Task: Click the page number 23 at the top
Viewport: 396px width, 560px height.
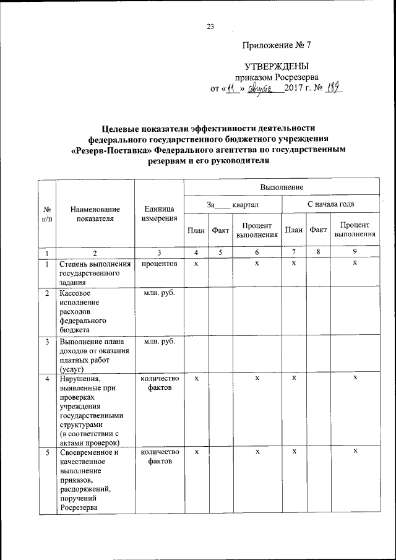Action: (210, 26)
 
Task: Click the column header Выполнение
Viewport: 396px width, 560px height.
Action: (281, 186)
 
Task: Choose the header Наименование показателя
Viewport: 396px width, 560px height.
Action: (95, 213)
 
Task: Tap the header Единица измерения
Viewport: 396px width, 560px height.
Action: (159, 213)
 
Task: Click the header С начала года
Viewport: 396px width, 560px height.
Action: (330, 204)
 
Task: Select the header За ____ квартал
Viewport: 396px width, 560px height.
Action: (233, 204)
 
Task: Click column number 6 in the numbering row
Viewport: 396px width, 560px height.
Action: (256, 252)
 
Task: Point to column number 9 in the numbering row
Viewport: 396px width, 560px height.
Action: (355, 252)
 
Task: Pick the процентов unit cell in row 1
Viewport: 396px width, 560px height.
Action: (159, 264)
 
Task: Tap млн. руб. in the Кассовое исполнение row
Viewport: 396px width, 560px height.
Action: (159, 292)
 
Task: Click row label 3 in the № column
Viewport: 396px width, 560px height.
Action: (46, 342)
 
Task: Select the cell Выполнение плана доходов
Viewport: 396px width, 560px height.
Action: (94, 354)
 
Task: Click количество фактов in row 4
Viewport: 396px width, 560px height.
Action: (159, 383)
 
